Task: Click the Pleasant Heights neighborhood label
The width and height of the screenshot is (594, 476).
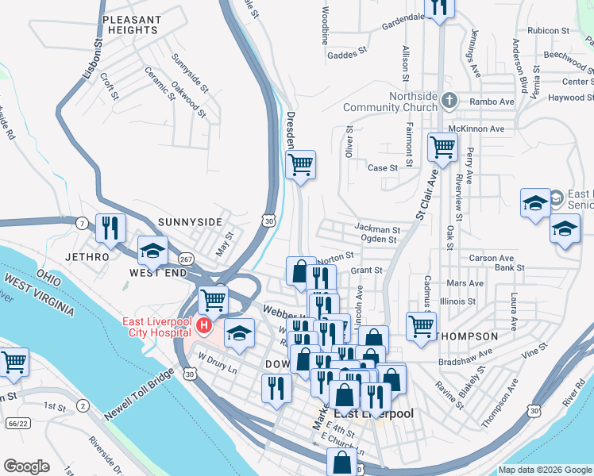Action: point(132,24)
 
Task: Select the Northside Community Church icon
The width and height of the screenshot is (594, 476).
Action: point(450,101)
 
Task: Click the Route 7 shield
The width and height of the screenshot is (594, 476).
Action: point(82,222)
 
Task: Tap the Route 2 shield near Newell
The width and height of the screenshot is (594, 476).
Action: point(82,406)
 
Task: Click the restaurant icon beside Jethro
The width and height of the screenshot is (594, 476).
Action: point(110,228)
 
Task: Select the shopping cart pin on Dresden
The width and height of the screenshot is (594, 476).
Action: point(300,165)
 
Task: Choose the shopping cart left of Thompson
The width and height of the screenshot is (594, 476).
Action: point(421,324)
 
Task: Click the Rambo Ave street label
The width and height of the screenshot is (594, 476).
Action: point(492,102)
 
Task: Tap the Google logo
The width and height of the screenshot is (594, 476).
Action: point(26,466)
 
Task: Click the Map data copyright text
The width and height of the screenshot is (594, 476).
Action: point(544,470)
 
